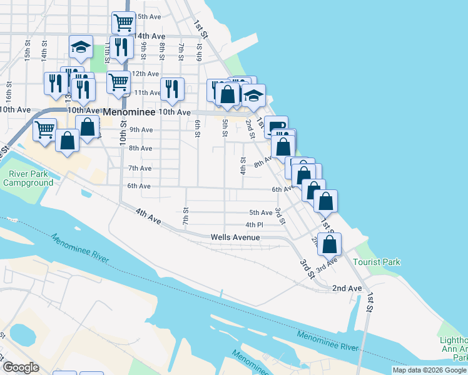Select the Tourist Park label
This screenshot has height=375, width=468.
pyautogui.click(x=376, y=262)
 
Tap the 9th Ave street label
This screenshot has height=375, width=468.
pyautogui.click(x=141, y=130)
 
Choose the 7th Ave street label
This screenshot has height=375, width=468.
pyautogui.click(x=140, y=168)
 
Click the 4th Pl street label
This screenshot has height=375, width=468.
pyautogui.click(x=254, y=224)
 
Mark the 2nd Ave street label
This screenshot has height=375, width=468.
pyautogui.click(x=347, y=288)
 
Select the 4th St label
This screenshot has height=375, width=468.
pyautogui.click(x=243, y=166)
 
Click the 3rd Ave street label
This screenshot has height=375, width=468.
pyautogui.click(x=326, y=265)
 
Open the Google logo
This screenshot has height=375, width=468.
pyautogui.click(x=20, y=367)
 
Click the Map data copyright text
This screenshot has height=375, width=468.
pyautogui.click(x=430, y=370)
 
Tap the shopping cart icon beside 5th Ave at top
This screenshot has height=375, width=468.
pyautogui.click(x=124, y=22)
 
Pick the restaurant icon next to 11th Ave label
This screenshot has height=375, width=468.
pyautogui.click(x=171, y=89)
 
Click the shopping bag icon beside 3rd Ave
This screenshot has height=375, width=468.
pyautogui.click(x=329, y=243)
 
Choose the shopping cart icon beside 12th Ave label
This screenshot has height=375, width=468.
pyautogui.click(x=118, y=81)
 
